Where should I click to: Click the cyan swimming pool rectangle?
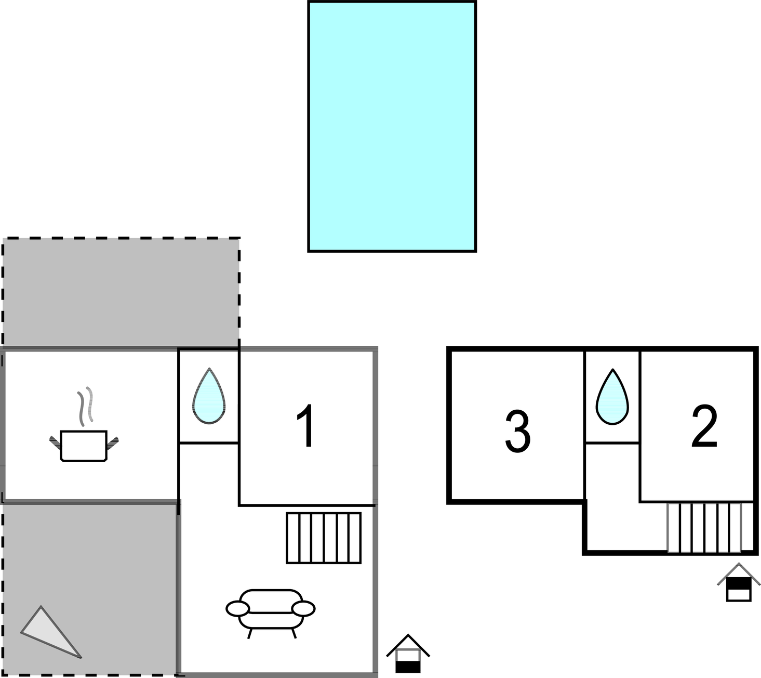[x=392, y=126]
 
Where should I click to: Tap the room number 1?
[x=307, y=426]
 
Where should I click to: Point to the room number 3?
[x=517, y=432]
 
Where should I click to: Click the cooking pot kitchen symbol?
[x=84, y=446]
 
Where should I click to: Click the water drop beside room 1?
[x=209, y=396]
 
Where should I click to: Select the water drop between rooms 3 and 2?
[x=612, y=397]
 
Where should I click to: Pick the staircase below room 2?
[x=704, y=527]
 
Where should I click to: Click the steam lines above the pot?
[x=85, y=406]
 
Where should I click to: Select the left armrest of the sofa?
[x=237, y=608]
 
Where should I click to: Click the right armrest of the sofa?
[x=304, y=608]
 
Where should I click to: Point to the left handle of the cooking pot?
[x=55, y=443]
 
